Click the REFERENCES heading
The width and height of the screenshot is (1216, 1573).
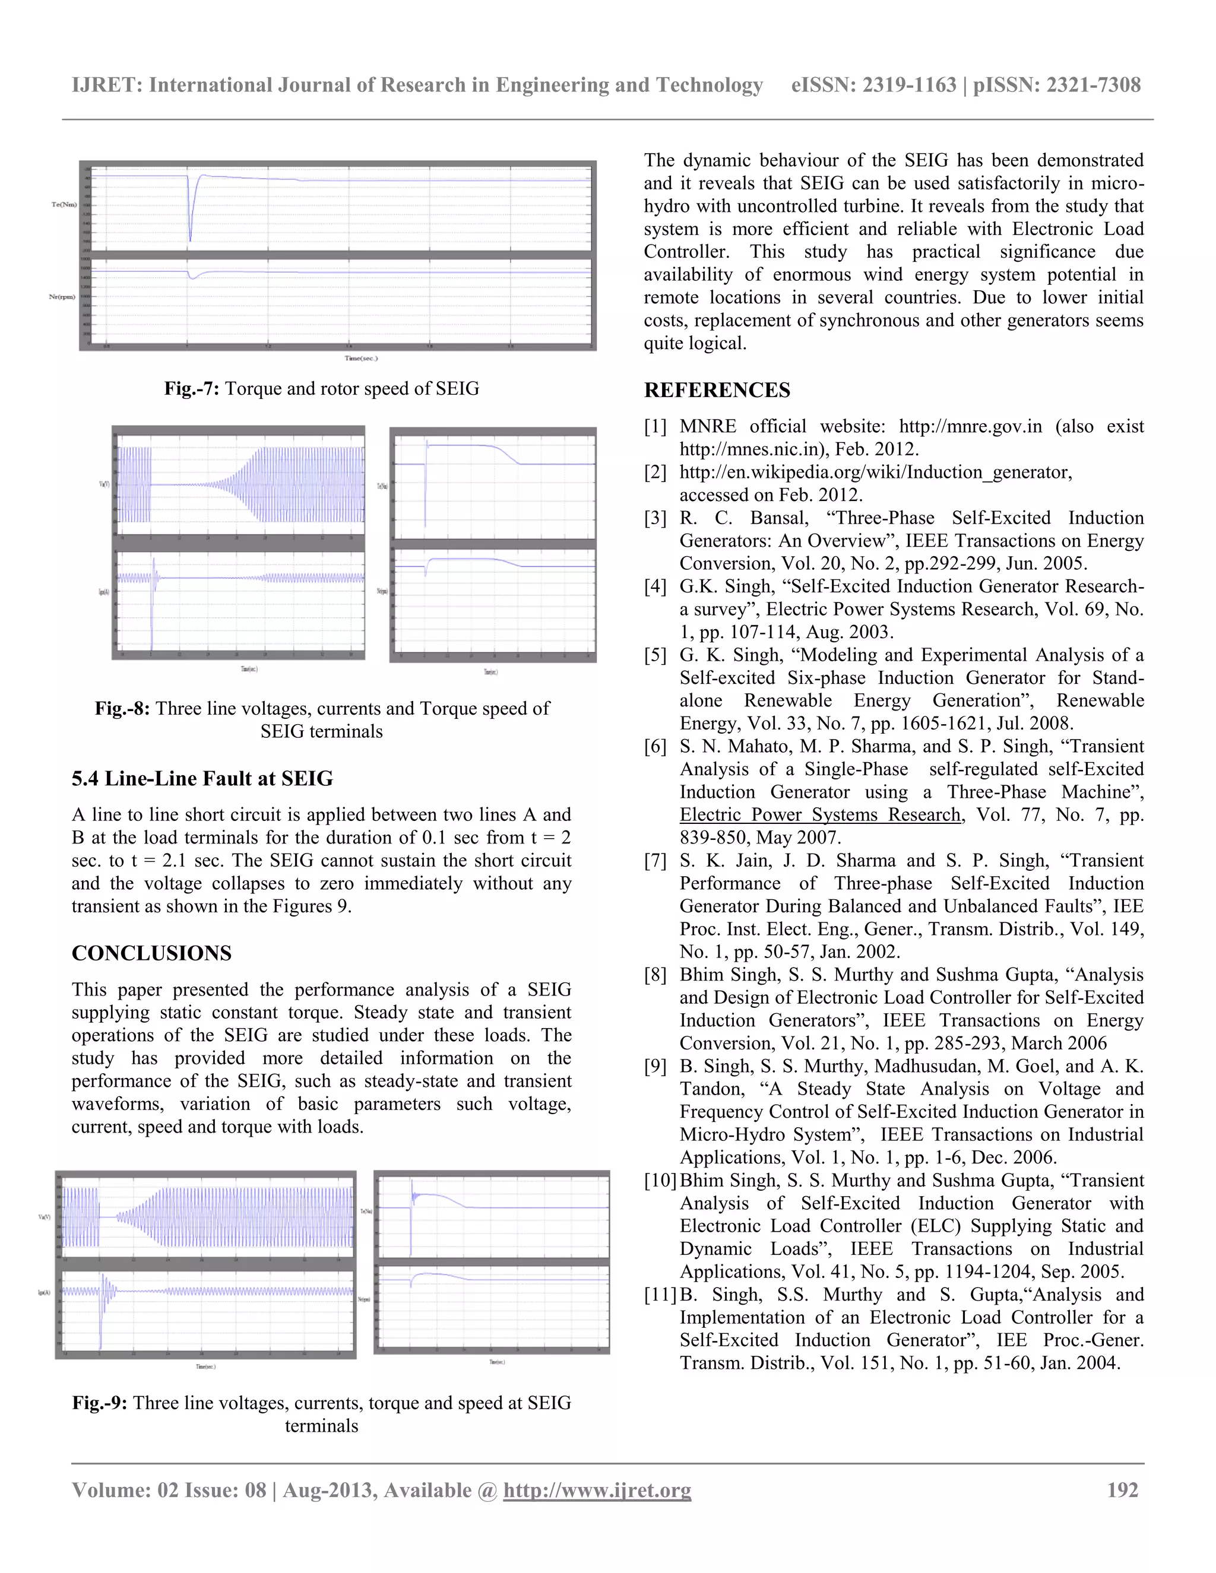(716, 391)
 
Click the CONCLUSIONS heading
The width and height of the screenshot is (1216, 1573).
(151, 954)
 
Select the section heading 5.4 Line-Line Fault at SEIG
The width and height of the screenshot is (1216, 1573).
(202, 779)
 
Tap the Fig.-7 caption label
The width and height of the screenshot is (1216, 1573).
(191, 389)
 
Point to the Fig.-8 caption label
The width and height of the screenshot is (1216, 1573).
(122, 709)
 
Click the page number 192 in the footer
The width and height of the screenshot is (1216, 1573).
(1122, 1490)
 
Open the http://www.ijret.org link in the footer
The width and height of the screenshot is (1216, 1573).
(597, 1490)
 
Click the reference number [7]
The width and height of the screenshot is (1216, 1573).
(655, 861)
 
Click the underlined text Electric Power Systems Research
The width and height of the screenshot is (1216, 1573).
(820, 816)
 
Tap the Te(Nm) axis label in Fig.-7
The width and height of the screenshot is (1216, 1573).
(64, 205)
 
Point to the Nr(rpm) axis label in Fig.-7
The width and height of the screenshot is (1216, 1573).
(62, 297)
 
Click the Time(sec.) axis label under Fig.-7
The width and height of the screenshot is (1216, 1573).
(360, 358)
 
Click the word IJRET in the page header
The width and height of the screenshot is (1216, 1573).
(107, 85)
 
